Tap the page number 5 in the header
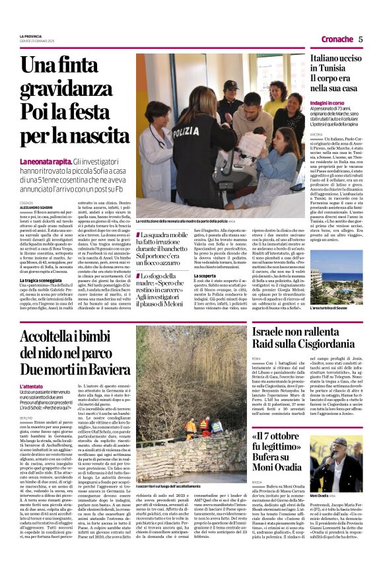pos(361,39)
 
